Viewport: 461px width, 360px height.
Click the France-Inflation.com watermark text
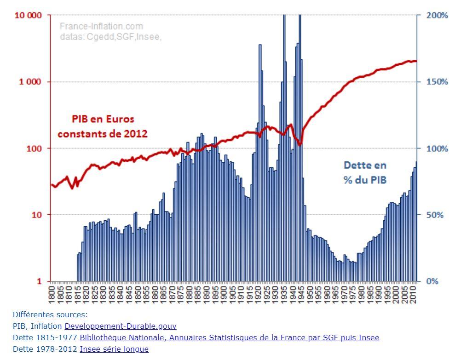pyautogui.click(x=101, y=26)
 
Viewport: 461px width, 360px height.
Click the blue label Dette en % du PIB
pyautogui.click(x=365, y=172)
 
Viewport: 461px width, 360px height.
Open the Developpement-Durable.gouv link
pyautogui.click(x=121, y=326)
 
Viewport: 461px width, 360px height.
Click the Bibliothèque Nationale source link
pyautogui.click(x=230, y=337)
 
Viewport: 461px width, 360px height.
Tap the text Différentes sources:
pyautogui.click(x=50, y=315)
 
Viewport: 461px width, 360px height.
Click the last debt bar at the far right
pyautogui.click(x=416, y=221)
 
